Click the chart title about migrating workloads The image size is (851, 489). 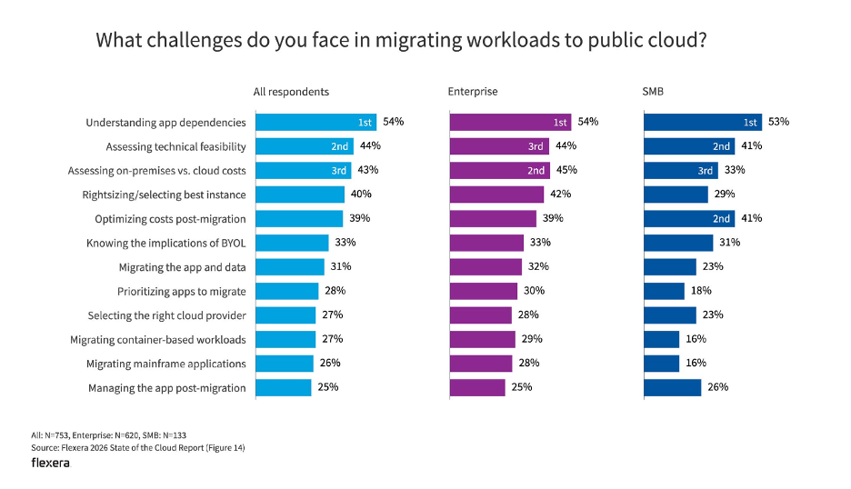click(401, 40)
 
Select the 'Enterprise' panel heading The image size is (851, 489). click(473, 92)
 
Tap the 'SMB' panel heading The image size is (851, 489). click(655, 92)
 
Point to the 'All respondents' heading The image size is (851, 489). click(291, 92)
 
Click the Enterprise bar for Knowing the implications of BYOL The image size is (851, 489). click(486, 243)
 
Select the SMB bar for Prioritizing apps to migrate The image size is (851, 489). click(664, 291)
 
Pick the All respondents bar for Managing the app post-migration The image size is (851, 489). click(283, 388)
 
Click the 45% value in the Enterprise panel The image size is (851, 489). click(566, 170)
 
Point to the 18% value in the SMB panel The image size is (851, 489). click(700, 291)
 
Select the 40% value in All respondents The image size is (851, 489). click(361, 195)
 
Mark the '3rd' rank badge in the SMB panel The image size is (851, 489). click(706, 170)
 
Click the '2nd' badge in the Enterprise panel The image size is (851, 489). click(536, 170)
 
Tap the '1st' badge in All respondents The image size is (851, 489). click(364, 122)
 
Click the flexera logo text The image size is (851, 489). click(50, 463)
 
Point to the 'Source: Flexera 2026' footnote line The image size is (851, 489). click(137, 447)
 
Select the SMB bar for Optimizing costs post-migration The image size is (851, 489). click(689, 218)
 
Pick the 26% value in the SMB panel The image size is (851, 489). click(717, 388)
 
